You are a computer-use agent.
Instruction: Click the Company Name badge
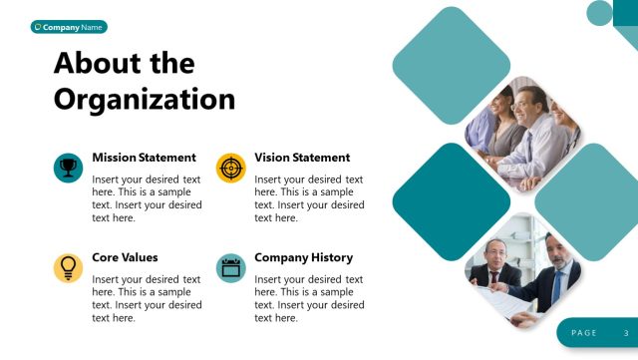click(69, 27)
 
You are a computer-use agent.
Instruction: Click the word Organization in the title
click(145, 99)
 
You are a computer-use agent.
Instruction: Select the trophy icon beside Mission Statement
click(68, 167)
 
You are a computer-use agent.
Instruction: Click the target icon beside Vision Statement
click(230, 167)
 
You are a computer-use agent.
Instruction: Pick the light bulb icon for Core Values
click(68, 266)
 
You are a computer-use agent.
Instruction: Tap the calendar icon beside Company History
click(230, 266)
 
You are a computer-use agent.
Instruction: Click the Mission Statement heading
click(144, 158)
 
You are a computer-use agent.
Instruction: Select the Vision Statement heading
click(302, 158)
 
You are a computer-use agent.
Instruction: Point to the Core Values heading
click(125, 257)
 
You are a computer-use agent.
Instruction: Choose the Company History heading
click(303, 257)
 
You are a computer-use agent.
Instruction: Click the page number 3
click(626, 332)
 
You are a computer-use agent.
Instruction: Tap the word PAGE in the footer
click(584, 332)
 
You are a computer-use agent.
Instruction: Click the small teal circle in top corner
click(600, 12)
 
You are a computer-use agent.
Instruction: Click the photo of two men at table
click(523, 271)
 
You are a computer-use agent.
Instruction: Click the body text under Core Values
click(147, 298)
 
